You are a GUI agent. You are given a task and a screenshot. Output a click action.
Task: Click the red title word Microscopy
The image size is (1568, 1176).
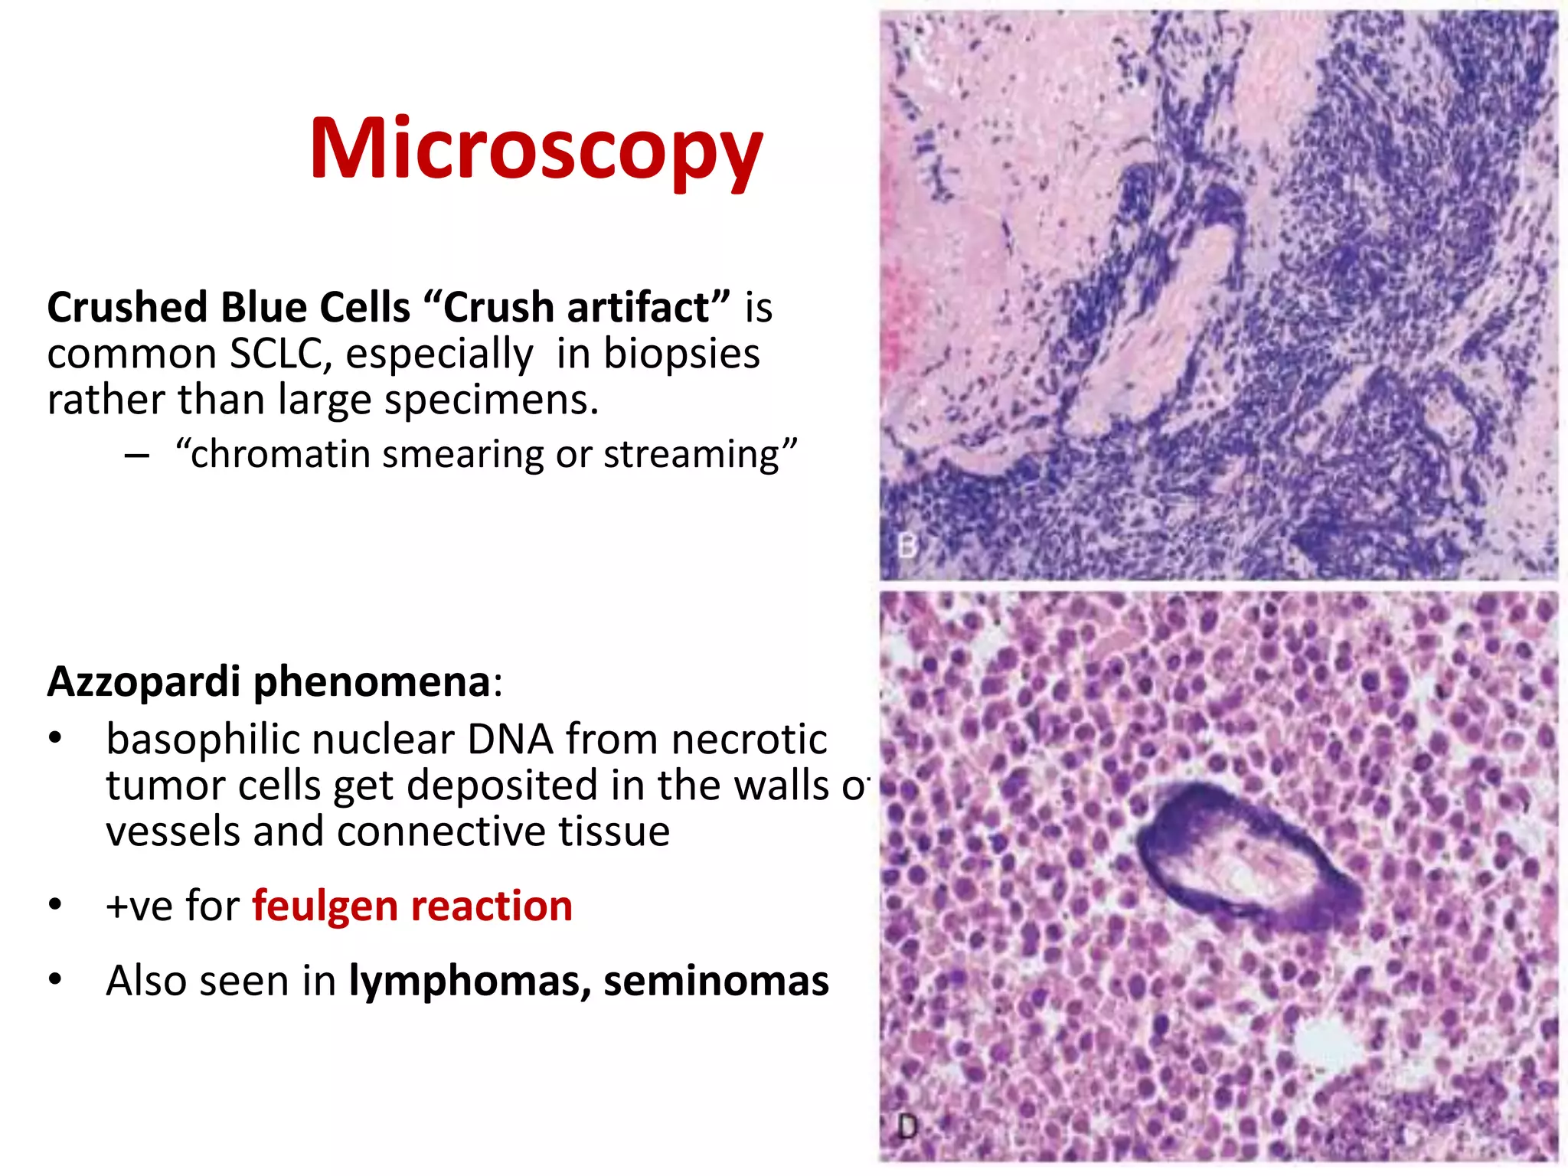pyautogui.click(x=536, y=149)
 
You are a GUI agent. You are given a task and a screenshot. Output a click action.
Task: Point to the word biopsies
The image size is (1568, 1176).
pyautogui.click(x=681, y=354)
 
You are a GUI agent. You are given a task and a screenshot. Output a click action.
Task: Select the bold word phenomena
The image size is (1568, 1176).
pyautogui.click(x=372, y=681)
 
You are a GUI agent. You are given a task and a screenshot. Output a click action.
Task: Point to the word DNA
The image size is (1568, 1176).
pyautogui.click(x=510, y=740)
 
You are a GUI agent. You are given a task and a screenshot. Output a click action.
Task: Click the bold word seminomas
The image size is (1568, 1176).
pyautogui.click(x=716, y=982)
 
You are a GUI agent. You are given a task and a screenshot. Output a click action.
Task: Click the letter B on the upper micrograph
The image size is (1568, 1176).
pyautogui.click(x=907, y=547)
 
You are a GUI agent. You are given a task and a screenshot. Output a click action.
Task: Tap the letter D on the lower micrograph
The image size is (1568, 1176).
pyautogui.click(x=907, y=1127)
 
